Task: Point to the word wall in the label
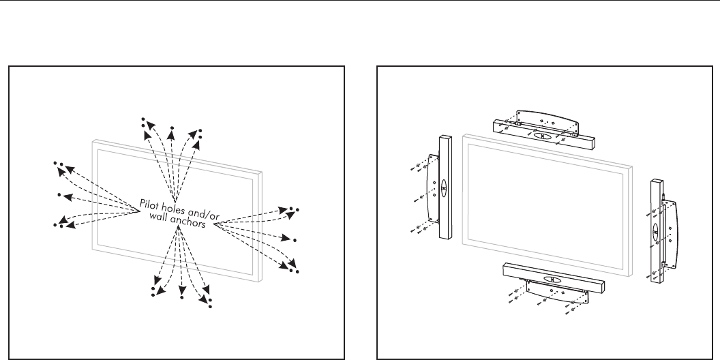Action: (x=158, y=215)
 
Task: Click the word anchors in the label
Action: (x=187, y=222)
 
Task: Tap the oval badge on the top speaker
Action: (x=542, y=136)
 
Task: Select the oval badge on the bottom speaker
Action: (x=552, y=280)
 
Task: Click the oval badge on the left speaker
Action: (x=444, y=188)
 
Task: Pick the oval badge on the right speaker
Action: (x=655, y=232)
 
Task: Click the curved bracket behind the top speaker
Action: (x=547, y=119)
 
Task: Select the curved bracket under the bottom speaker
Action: (x=557, y=292)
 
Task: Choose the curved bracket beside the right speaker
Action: (x=670, y=234)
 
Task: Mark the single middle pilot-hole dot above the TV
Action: (x=172, y=127)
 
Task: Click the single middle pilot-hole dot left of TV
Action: (x=59, y=195)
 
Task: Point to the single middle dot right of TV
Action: (x=295, y=240)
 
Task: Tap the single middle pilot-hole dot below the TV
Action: (x=182, y=298)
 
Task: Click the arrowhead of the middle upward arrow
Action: (x=171, y=134)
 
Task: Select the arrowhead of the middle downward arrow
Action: (x=182, y=290)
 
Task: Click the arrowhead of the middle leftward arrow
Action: (x=67, y=198)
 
